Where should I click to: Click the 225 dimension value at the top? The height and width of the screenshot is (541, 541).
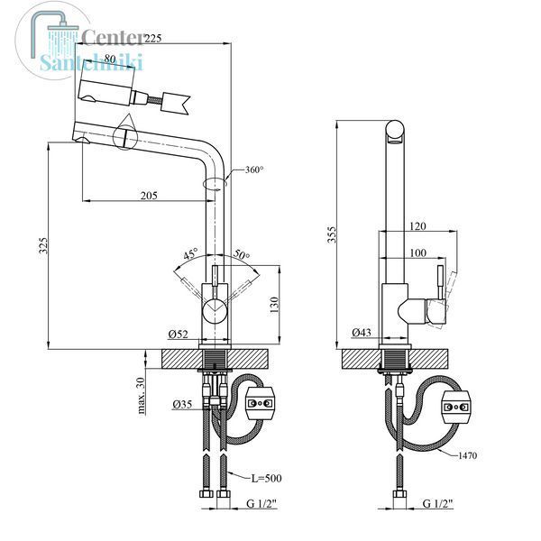[152, 38]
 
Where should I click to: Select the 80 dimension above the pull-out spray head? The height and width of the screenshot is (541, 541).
[110, 59]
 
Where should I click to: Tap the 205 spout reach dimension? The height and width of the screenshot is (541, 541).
[149, 196]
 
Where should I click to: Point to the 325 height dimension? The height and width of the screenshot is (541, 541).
[44, 245]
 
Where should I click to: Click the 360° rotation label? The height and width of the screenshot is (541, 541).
[254, 170]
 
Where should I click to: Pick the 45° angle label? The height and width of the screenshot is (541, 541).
[191, 253]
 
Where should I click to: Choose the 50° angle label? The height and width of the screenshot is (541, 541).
[242, 254]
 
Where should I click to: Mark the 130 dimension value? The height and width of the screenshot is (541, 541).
[274, 305]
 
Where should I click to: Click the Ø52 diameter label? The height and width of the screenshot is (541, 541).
[178, 334]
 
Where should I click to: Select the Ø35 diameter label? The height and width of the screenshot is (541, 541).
[182, 404]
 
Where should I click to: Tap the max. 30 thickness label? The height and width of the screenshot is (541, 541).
[141, 396]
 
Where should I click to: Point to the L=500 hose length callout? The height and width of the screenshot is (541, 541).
[266, 478]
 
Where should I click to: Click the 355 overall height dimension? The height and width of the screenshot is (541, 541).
[332, 234]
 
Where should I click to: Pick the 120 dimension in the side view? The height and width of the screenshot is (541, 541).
[417, 226]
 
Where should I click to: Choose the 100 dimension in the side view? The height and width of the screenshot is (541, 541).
[417, 252]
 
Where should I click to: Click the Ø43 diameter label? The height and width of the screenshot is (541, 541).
[362, 332]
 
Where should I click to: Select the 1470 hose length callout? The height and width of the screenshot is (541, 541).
[467, 455]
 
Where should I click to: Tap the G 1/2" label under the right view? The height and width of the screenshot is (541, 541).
[437, 504]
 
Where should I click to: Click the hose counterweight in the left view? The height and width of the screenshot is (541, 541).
[260, 403]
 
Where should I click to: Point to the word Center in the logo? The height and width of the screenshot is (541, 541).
[112, 37]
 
